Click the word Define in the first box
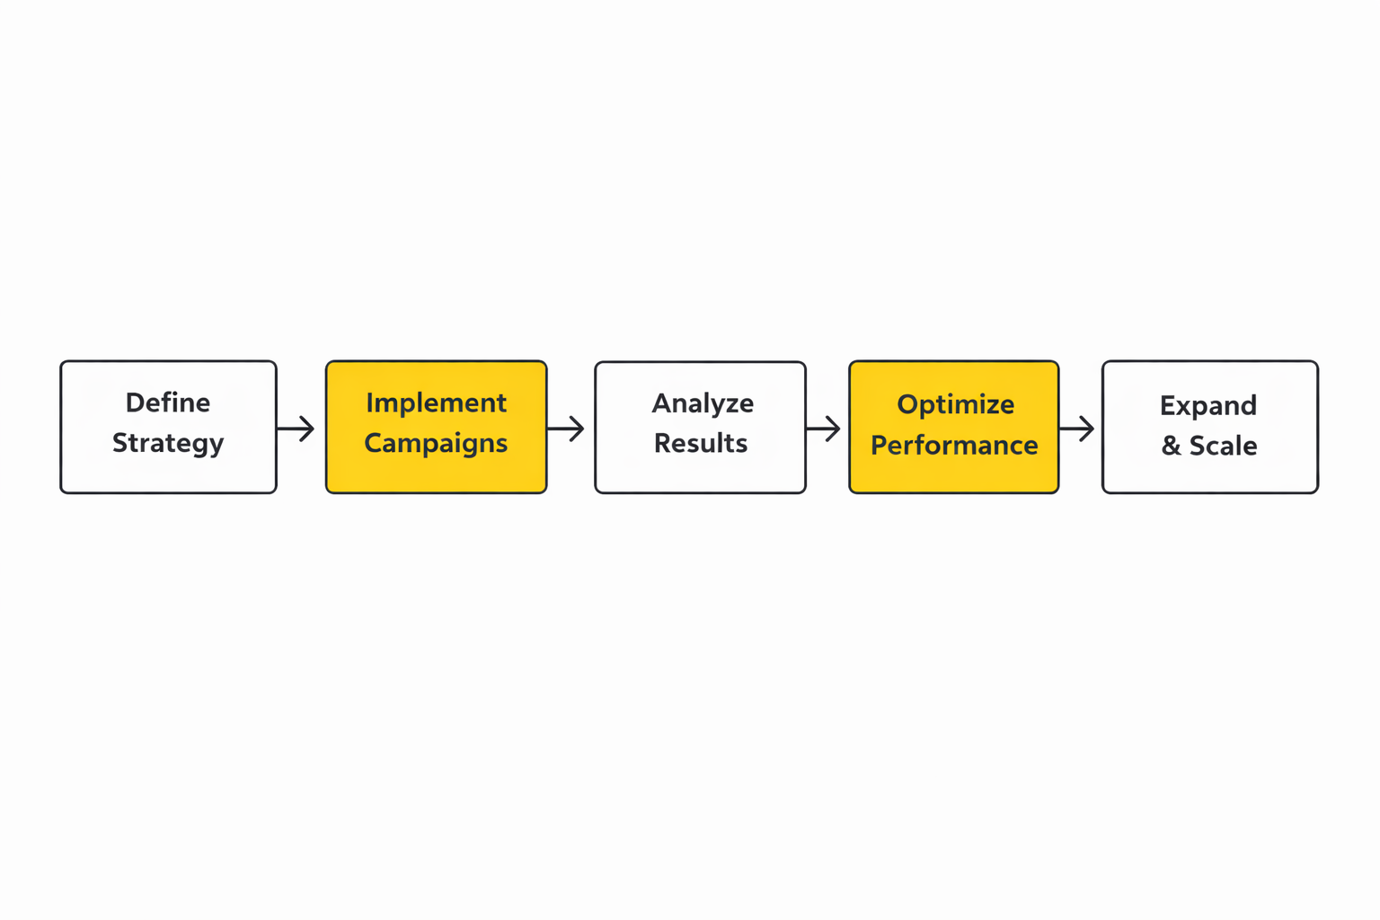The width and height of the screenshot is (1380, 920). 168,402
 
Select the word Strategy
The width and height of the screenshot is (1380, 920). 168,444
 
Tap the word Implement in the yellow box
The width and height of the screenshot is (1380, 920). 436,403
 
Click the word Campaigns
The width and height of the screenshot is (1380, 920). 436,444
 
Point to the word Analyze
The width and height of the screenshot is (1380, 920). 703,403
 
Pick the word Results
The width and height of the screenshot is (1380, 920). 701,443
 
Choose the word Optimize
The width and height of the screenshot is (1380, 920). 955,404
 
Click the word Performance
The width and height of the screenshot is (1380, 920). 954,445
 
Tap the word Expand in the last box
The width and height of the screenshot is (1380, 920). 1208,406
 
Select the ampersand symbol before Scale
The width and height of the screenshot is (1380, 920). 1171,446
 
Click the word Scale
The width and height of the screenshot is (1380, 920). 1223,446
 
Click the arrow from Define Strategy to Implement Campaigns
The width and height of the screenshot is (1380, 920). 296,429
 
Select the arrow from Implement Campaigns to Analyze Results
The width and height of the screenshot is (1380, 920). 566,429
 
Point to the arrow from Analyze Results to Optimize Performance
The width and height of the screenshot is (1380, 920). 823,429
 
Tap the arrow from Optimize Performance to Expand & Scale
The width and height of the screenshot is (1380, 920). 1076,429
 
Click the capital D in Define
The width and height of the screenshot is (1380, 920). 135,402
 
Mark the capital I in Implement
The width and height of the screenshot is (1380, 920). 369,402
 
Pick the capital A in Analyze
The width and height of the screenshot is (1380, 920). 662,403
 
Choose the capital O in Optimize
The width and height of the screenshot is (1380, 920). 907,404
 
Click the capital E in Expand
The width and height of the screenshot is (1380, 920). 1167,406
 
